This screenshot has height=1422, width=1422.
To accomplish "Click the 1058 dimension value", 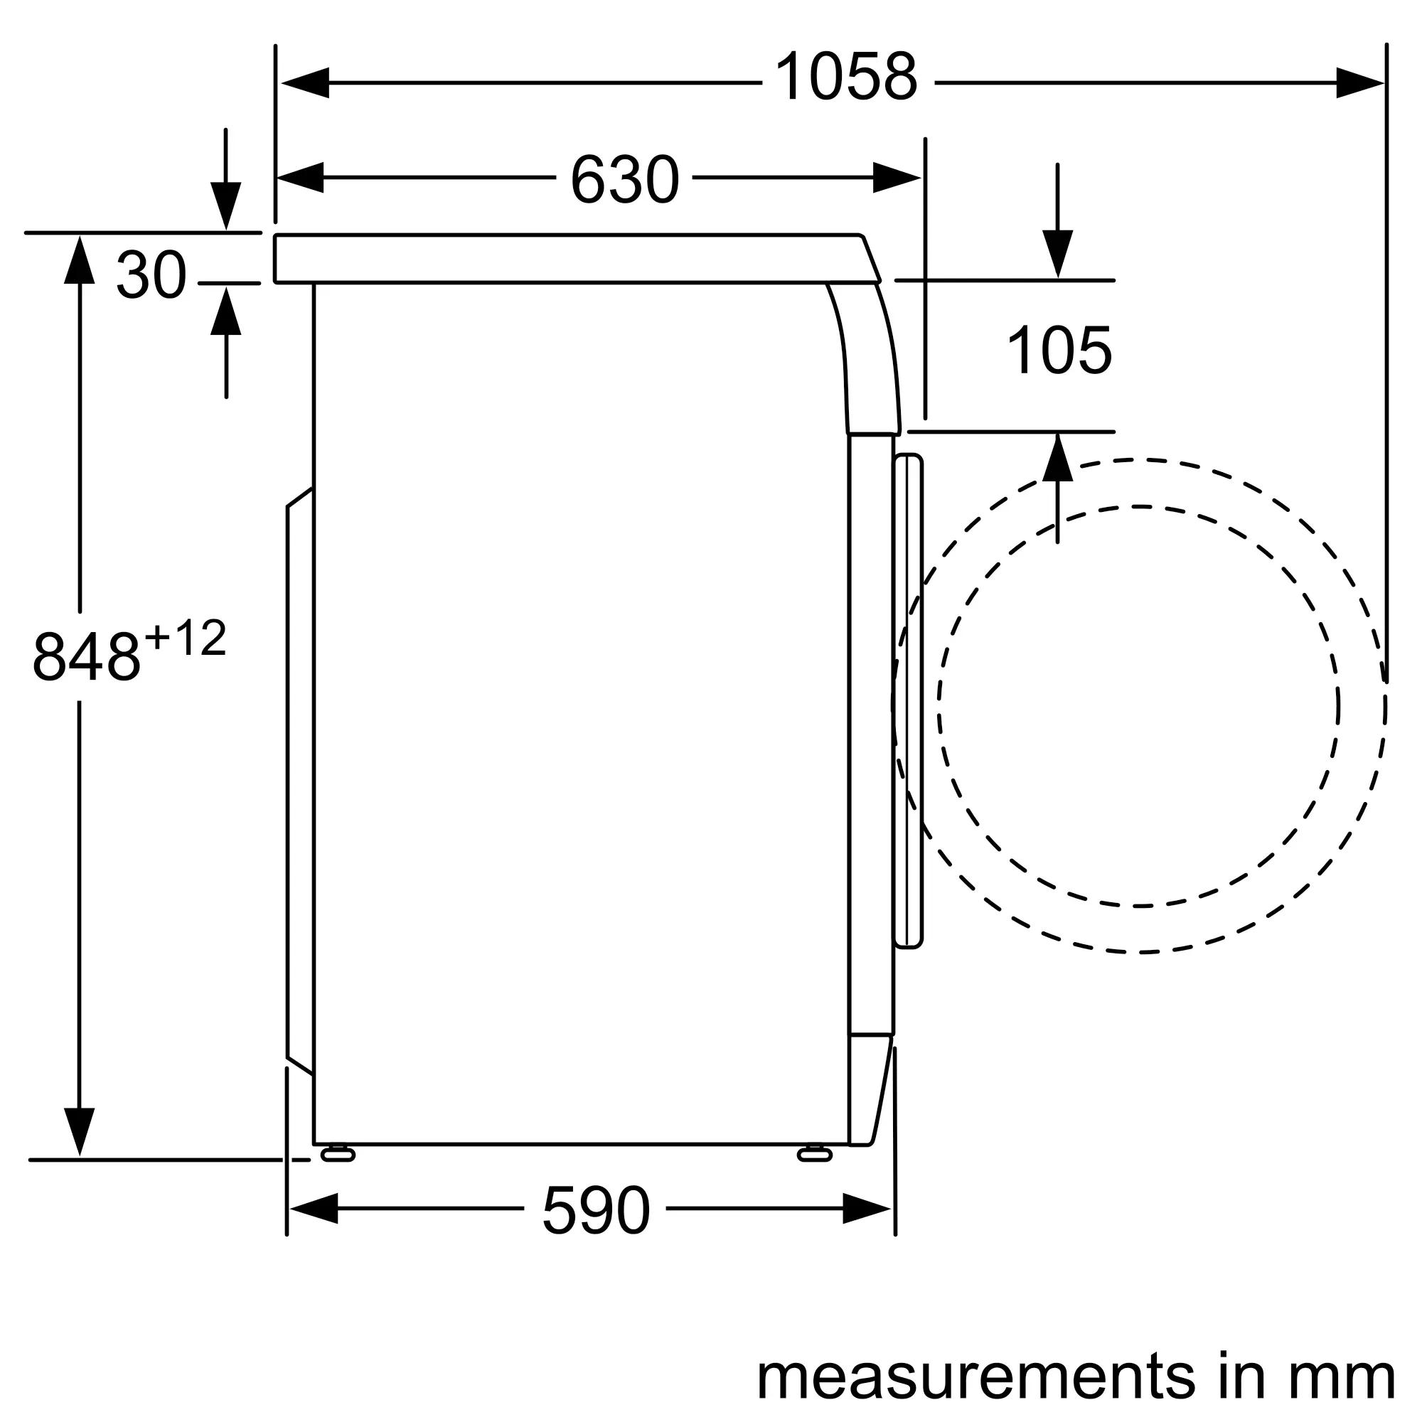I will click(846, 78).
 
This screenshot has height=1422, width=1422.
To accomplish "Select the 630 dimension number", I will click(624, 181).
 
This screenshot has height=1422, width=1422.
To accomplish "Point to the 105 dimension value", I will click(1059, 351).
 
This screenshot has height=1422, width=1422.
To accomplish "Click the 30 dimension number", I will click(151, 276).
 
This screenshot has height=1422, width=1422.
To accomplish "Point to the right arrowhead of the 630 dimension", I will click(897, 178).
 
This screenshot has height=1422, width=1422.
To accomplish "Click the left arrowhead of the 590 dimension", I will click(313, 1209).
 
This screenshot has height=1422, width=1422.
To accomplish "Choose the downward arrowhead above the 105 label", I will click(1057, 254).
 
